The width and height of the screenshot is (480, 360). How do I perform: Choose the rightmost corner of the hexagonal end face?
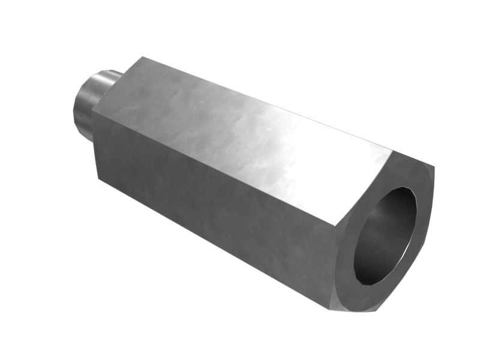click(434, 168)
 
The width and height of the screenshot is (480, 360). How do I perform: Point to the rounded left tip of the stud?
click(75, 111)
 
